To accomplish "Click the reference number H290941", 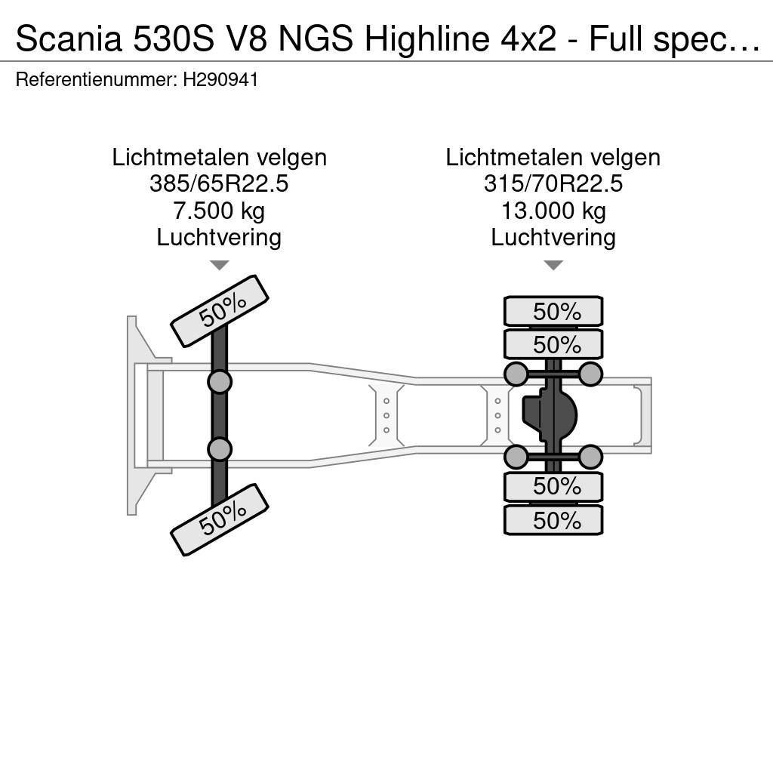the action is pyautogui.click(x=220, y=79).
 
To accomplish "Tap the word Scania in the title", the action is pyautogui.click(x=69, y=39).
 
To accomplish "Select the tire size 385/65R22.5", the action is pyautogui.click(x=219, y=184).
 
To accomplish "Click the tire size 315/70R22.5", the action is pyautogui.click(x=553, y=184).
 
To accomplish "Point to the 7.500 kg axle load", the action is pyautogui.click(x=219, y=211).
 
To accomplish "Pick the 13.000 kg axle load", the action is pyautogui.click(x=553, y=211).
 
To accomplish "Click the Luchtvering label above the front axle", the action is pyautogui.click(x=219, y=238).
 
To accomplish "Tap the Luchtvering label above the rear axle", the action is pyautogui.click(x=553, y=238).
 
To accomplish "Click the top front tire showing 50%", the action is pyautogui.click(x=220, y=311).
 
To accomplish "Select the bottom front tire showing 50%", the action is pyautogui.click(x=220, y=520).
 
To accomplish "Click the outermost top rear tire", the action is pyautogui.click(x=553, y=311).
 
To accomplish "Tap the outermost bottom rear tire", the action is pyautogui.click(x=553, y=520).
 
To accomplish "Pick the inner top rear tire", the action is pyautogui.click(x=553, y=344).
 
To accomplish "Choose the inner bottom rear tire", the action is pyautogui.click(x=553, y=487).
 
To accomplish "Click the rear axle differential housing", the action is pyautogui.click(x=550, y=415).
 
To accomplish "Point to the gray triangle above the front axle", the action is pyautogui.click(x=220, y=266).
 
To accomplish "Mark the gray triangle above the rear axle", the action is pyautogui.click(x=553, y=266).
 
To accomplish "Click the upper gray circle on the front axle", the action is pyautogui.click(x=220, y=382).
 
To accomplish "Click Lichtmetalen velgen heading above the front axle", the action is pyautogui.click(x=220, y=158).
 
